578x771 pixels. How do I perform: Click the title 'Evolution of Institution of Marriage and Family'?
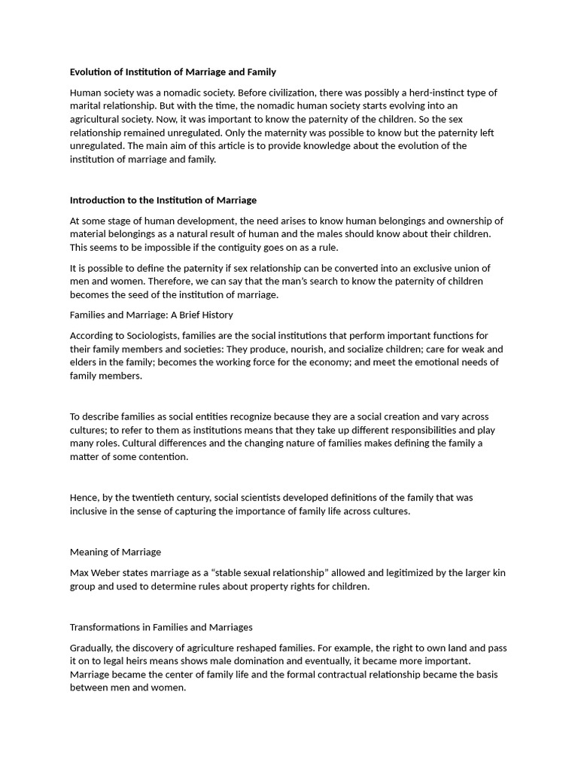(x=173, y=72)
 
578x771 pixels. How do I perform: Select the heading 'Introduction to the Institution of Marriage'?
(x=163, y=200)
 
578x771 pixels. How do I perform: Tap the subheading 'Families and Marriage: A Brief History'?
(x=151, y=315)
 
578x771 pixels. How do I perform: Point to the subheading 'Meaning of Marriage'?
(x=115, y=552)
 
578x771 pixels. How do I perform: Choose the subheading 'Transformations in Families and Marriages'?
(x=161, y=626)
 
